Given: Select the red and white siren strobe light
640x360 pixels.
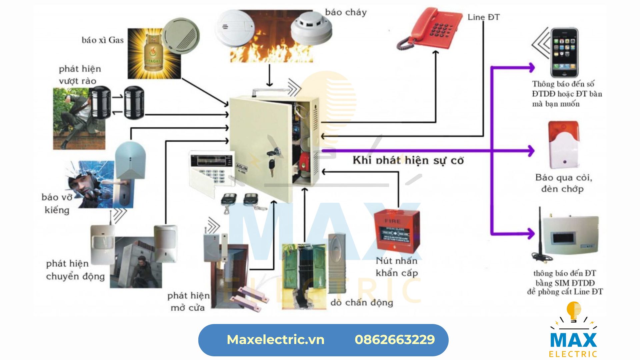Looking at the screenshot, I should tap(563, 145).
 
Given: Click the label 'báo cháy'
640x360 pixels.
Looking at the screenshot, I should tap(346, 12).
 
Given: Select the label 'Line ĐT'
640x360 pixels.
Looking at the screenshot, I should tap(483, 17).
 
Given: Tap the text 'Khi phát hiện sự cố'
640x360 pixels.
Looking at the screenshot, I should tap(408, 160).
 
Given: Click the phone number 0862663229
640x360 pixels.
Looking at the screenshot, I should tap(395, 340).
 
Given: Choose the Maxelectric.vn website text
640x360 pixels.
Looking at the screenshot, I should tap(275, 340).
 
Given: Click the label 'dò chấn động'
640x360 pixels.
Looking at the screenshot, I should tap(362, 302).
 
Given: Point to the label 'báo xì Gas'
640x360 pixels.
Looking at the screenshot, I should tap(103, 40).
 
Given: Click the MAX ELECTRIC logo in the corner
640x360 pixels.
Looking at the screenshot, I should tap(573, 333).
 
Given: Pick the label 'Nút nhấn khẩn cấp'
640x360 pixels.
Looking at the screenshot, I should tap(397, 267).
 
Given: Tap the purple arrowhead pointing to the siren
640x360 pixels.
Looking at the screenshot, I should tap(530, 151).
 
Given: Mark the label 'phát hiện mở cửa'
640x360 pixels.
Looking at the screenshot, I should tap(188, 301).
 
